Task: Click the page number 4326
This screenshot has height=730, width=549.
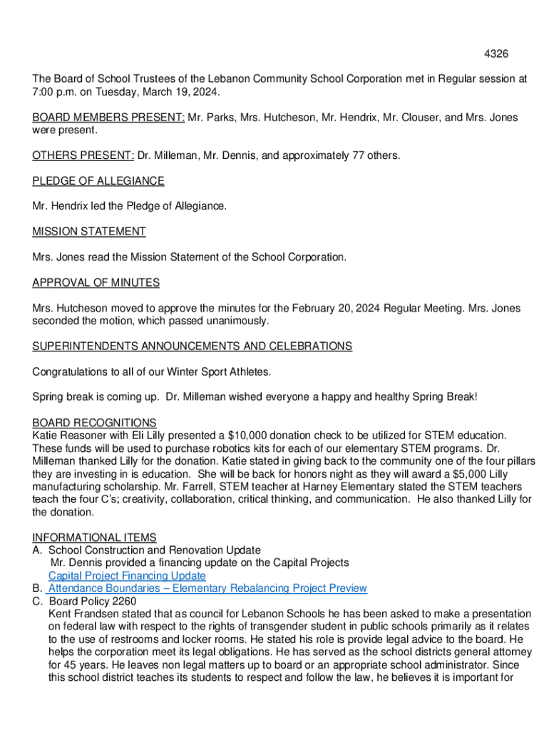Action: [x=496, y=54]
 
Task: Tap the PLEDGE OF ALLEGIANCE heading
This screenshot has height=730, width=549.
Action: [x=98, y=181]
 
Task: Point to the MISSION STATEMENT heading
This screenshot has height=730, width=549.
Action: [x=89, y=232]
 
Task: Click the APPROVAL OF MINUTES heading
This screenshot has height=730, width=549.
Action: [x=96, y=283]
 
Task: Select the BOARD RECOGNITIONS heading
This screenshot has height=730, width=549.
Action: [x=94, y=423]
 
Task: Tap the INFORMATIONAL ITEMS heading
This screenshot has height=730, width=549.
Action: [x=94, y=538]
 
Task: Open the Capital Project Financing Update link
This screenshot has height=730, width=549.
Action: [x=127, y=576]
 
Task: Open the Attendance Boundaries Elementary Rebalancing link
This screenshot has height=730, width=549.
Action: [x=207, y=589]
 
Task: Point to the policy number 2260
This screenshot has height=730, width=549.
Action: [x=123, y=602]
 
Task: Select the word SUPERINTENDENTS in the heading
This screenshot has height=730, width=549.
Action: [x=82, y=346]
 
